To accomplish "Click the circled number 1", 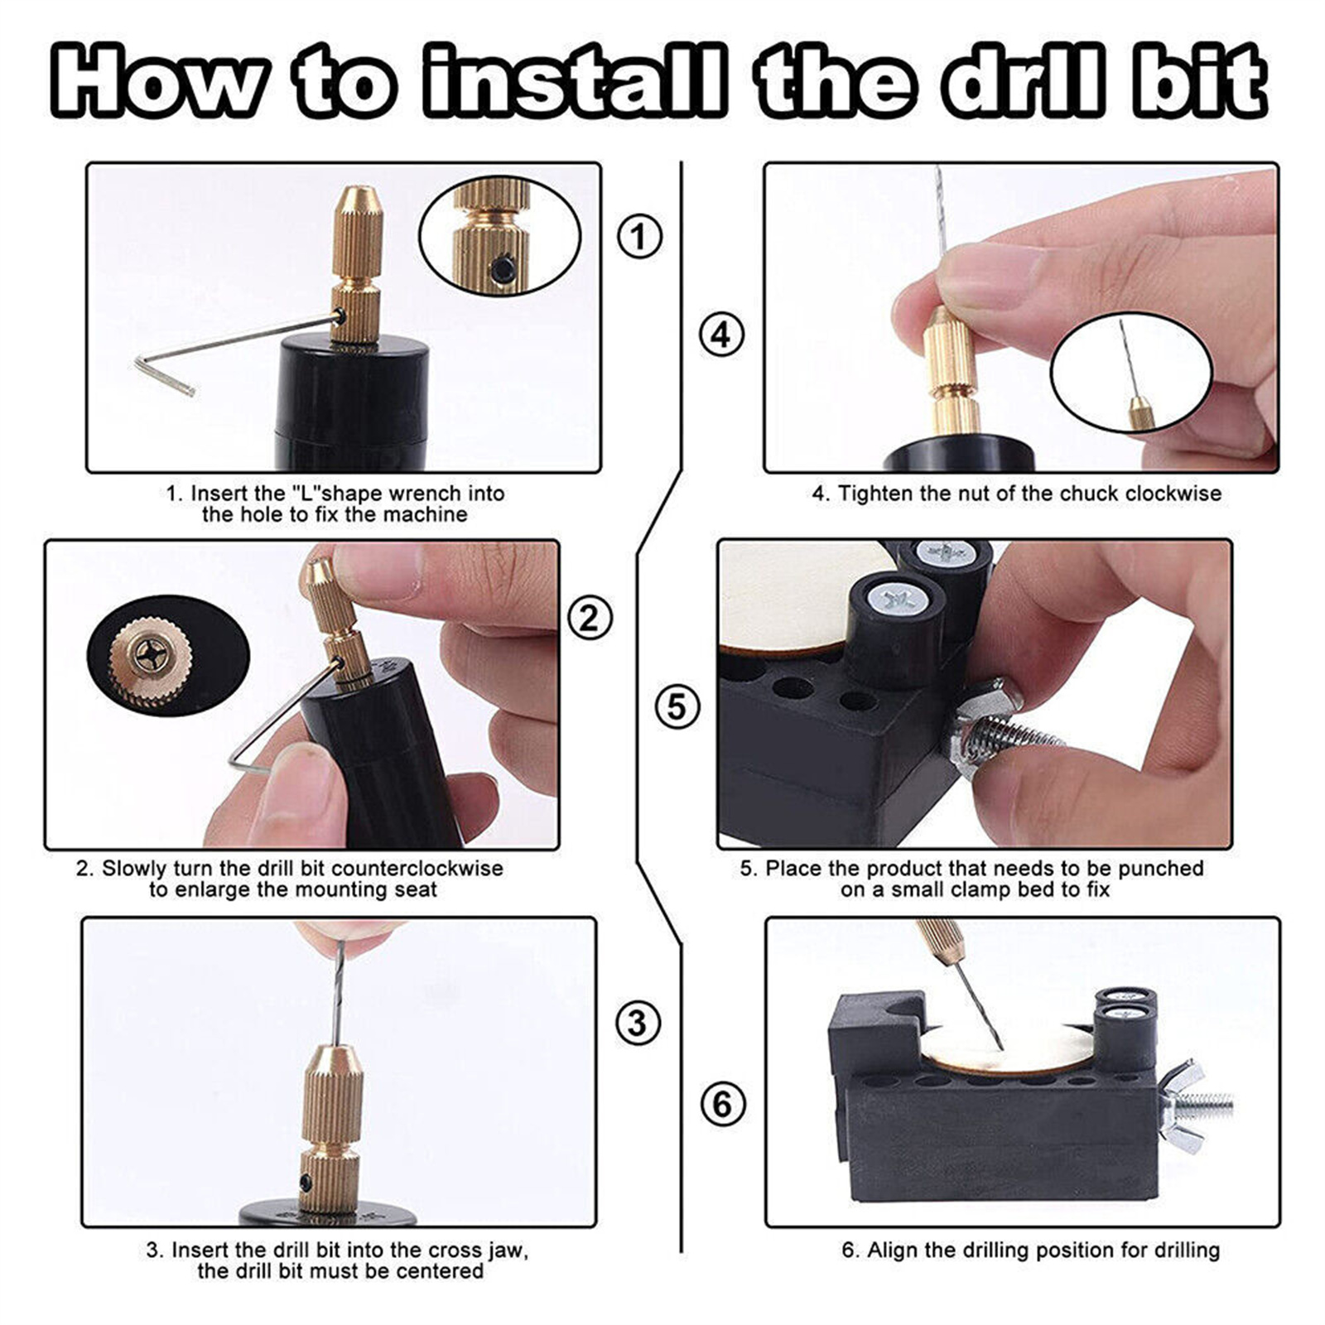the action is coord(640,236).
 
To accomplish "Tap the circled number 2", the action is coord(590,619).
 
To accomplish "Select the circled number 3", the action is coord(638,1023).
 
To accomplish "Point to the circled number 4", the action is coord(721,335).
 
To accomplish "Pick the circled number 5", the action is coord(677,707).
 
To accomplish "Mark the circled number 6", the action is coord(722,1104).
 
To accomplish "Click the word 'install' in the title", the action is coord(576,81).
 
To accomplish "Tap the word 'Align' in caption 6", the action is coord(892,1250).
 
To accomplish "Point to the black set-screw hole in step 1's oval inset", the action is coord(504,269).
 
